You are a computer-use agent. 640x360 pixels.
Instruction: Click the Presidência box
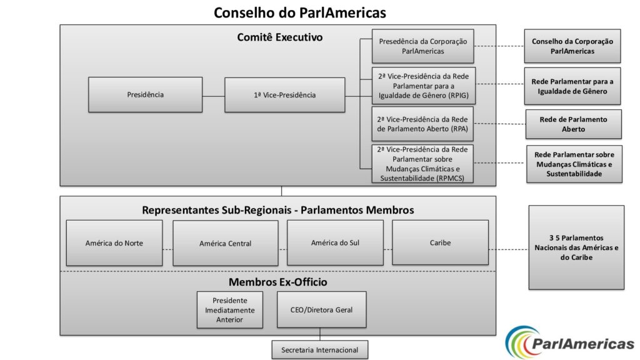click(145, 95)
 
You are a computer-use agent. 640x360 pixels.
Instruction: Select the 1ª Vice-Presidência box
click(284, 95)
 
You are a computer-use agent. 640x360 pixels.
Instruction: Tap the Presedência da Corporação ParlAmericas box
click(423, 46)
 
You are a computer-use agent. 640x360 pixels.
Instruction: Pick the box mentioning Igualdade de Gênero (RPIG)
click(424, 86)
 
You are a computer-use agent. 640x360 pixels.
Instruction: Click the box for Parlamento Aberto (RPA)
click(422, 124)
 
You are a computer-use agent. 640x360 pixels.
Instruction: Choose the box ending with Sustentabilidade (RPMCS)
click(422, 164)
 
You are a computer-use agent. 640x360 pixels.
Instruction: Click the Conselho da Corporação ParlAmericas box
click(572, 46)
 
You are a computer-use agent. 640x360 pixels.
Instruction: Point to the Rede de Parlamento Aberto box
click(574, 124)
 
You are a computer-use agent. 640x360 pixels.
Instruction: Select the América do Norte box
click(114, 243)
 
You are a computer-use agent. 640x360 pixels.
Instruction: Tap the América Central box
click(225, 243)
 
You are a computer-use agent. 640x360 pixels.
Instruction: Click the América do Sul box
click(335, 243)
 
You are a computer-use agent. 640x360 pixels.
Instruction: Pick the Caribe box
click(440, 242)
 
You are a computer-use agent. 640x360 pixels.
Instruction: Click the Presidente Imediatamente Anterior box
click(230, 310)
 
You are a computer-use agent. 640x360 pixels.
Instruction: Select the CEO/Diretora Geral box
click(322, 309)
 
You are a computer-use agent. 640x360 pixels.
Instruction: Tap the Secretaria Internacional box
click(319, 350)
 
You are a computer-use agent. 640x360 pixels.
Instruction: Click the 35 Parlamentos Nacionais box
click(576, 247)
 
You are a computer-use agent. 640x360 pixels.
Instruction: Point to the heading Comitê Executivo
click(280, 37)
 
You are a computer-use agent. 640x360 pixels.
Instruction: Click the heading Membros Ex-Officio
click(278, 282)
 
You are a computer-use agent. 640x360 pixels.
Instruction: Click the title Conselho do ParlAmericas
click(300, 12)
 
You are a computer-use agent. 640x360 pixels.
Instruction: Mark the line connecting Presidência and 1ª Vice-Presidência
click(214, 96)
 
